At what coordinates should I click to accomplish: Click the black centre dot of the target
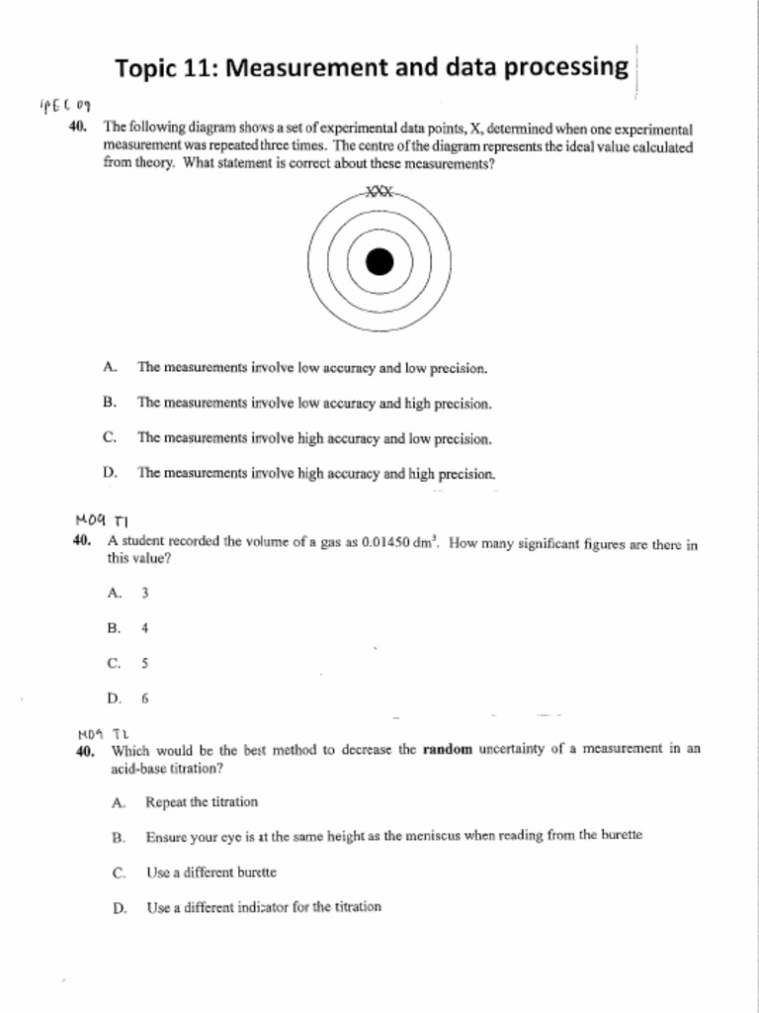coord(379,262)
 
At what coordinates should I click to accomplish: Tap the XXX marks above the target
coord(379,193)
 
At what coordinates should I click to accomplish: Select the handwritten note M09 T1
coord(102,518)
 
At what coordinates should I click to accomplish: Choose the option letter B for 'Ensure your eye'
coord(118,837)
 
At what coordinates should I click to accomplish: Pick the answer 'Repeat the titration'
coord(202,802)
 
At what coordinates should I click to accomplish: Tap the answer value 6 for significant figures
coord(144,698)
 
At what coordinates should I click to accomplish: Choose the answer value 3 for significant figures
coord(144,594)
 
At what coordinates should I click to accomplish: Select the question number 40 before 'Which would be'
coord(84,752)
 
